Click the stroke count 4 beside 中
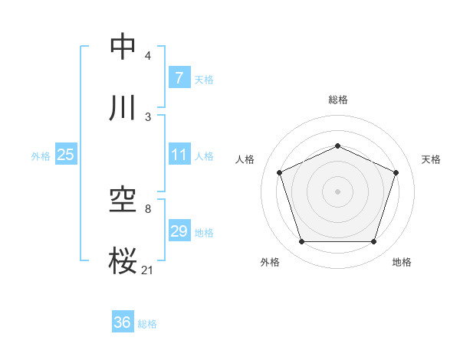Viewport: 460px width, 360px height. (x=148, y=56)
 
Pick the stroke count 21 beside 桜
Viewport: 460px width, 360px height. (x=148, y=269)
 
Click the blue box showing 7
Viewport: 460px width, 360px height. (x=179, y=77)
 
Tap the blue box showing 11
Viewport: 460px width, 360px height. (x=179, y=155)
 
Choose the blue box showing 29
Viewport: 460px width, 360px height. (x=179, y=231)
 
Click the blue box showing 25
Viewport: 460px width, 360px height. (x=65, y=155)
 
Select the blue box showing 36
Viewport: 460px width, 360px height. (x=122, y=322)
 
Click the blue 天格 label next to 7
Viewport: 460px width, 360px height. (x=204, y=79)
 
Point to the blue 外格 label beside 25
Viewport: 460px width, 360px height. (x=41, y=156)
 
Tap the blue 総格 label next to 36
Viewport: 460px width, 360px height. (x=147, y=324)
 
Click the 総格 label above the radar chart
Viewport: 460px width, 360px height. (x=337, y=100)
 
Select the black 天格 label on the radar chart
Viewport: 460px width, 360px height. (x=431, y=159)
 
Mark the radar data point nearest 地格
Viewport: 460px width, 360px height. (x=373, y=242)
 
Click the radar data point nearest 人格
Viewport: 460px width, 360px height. (x=280, y=172)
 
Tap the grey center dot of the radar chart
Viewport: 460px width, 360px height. (x=337, y=191)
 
